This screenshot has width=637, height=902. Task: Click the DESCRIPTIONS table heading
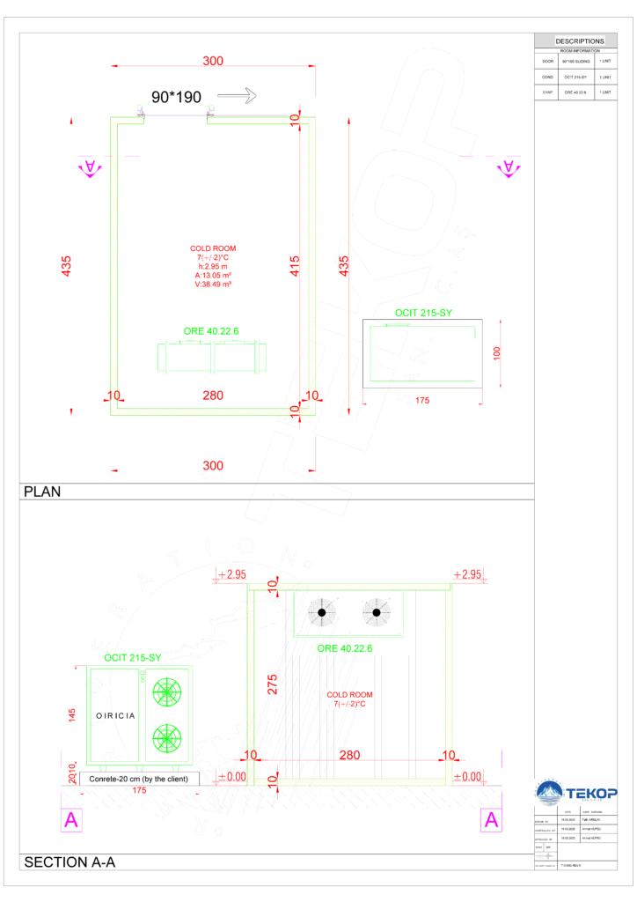point(580,41)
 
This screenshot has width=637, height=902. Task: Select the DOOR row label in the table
point(547,62)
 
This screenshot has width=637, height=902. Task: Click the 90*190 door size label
point(177,97)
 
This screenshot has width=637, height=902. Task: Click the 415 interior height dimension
point(295,266)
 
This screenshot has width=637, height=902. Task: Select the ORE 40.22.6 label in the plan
point(211,330)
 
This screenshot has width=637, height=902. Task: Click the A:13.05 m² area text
point(213,275)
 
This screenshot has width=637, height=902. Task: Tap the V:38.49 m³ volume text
point(213,285)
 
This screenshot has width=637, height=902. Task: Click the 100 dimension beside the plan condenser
point(497,352)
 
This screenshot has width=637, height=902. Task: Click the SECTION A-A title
point(70,862)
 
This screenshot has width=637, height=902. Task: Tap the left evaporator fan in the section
point(322,612)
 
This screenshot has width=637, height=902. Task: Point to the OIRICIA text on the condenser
point(115,715)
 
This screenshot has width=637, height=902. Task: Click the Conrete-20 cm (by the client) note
point(141,779)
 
